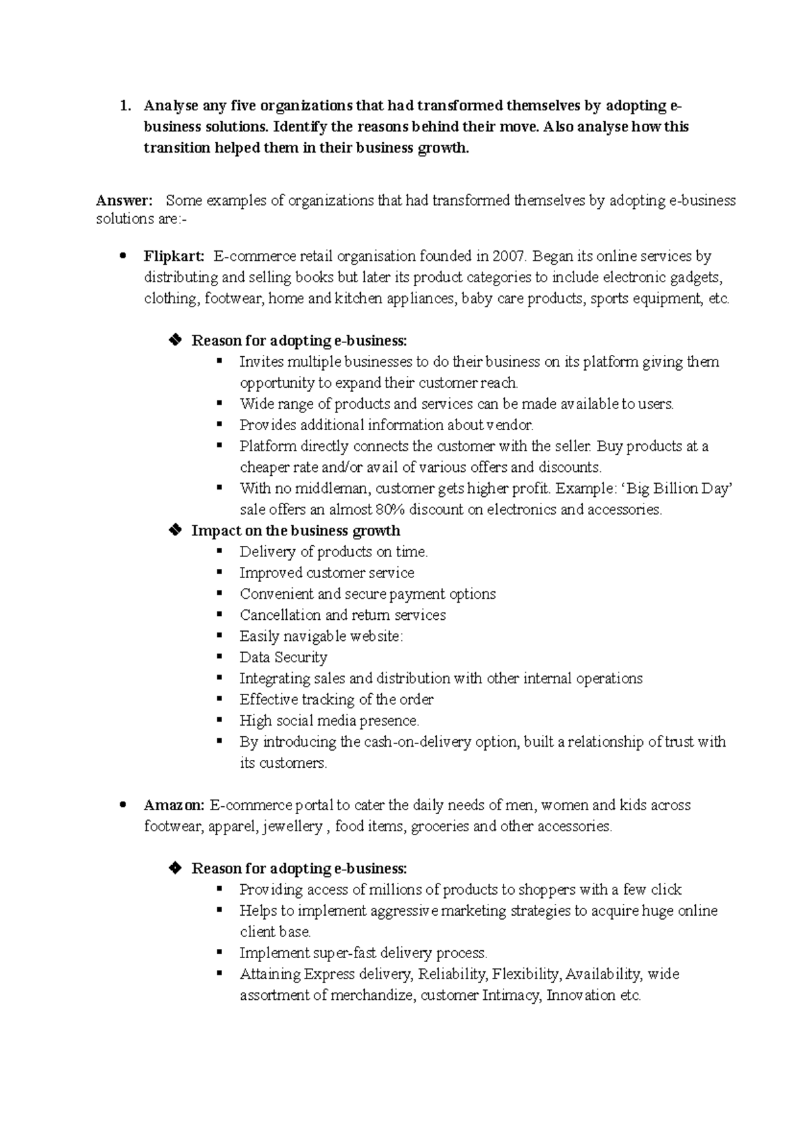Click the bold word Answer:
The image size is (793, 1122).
(124, 200)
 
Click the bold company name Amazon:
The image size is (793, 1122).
(174, 805)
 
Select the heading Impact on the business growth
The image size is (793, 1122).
(295, 531)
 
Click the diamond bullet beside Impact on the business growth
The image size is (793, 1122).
(175, 530)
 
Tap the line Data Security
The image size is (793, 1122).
(283, 657)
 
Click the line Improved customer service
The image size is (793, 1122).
(326, 572)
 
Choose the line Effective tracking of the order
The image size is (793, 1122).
(336, 699)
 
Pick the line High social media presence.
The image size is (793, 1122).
(329, 720)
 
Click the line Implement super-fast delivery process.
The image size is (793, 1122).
(363, 953)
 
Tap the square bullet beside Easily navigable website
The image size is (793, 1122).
(219, 635)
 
